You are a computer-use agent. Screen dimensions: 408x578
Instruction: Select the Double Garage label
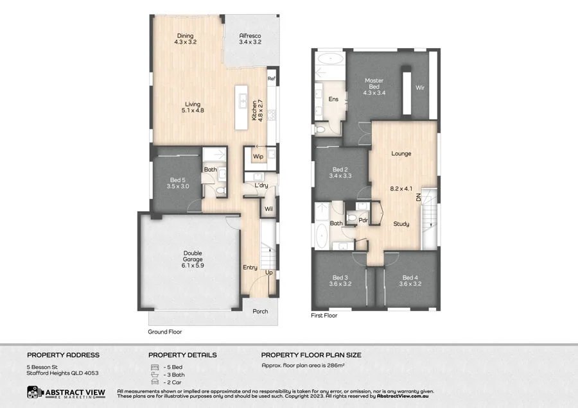[x=193, y=256]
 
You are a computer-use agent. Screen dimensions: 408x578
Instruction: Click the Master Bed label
[x=374, y=84]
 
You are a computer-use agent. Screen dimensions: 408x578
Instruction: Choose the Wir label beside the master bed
[x=420, y=88]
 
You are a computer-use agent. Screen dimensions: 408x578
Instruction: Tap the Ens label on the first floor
[x=333, y=99]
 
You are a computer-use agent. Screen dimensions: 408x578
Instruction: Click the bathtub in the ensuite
[x=329, y=62]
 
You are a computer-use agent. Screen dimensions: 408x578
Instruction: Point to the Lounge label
[x=401, y=153]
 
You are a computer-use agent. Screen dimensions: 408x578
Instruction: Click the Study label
[x=402, y=224]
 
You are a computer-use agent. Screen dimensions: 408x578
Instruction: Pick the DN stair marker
[x=418, y=199]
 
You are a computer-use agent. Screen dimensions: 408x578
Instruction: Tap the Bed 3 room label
[x=340, y=280]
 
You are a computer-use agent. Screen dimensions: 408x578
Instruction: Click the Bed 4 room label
[x=409, y=280]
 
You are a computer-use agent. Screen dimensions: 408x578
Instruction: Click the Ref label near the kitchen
[x=272, y=78]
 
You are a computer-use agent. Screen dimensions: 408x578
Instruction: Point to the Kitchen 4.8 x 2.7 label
[x=257, y=110]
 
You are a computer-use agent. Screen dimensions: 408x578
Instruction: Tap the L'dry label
[x=260, y=185]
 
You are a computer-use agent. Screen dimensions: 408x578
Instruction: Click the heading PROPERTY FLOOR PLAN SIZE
[x=311, y=355]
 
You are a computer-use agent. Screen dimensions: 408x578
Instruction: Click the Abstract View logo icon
[x=35, y=392]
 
